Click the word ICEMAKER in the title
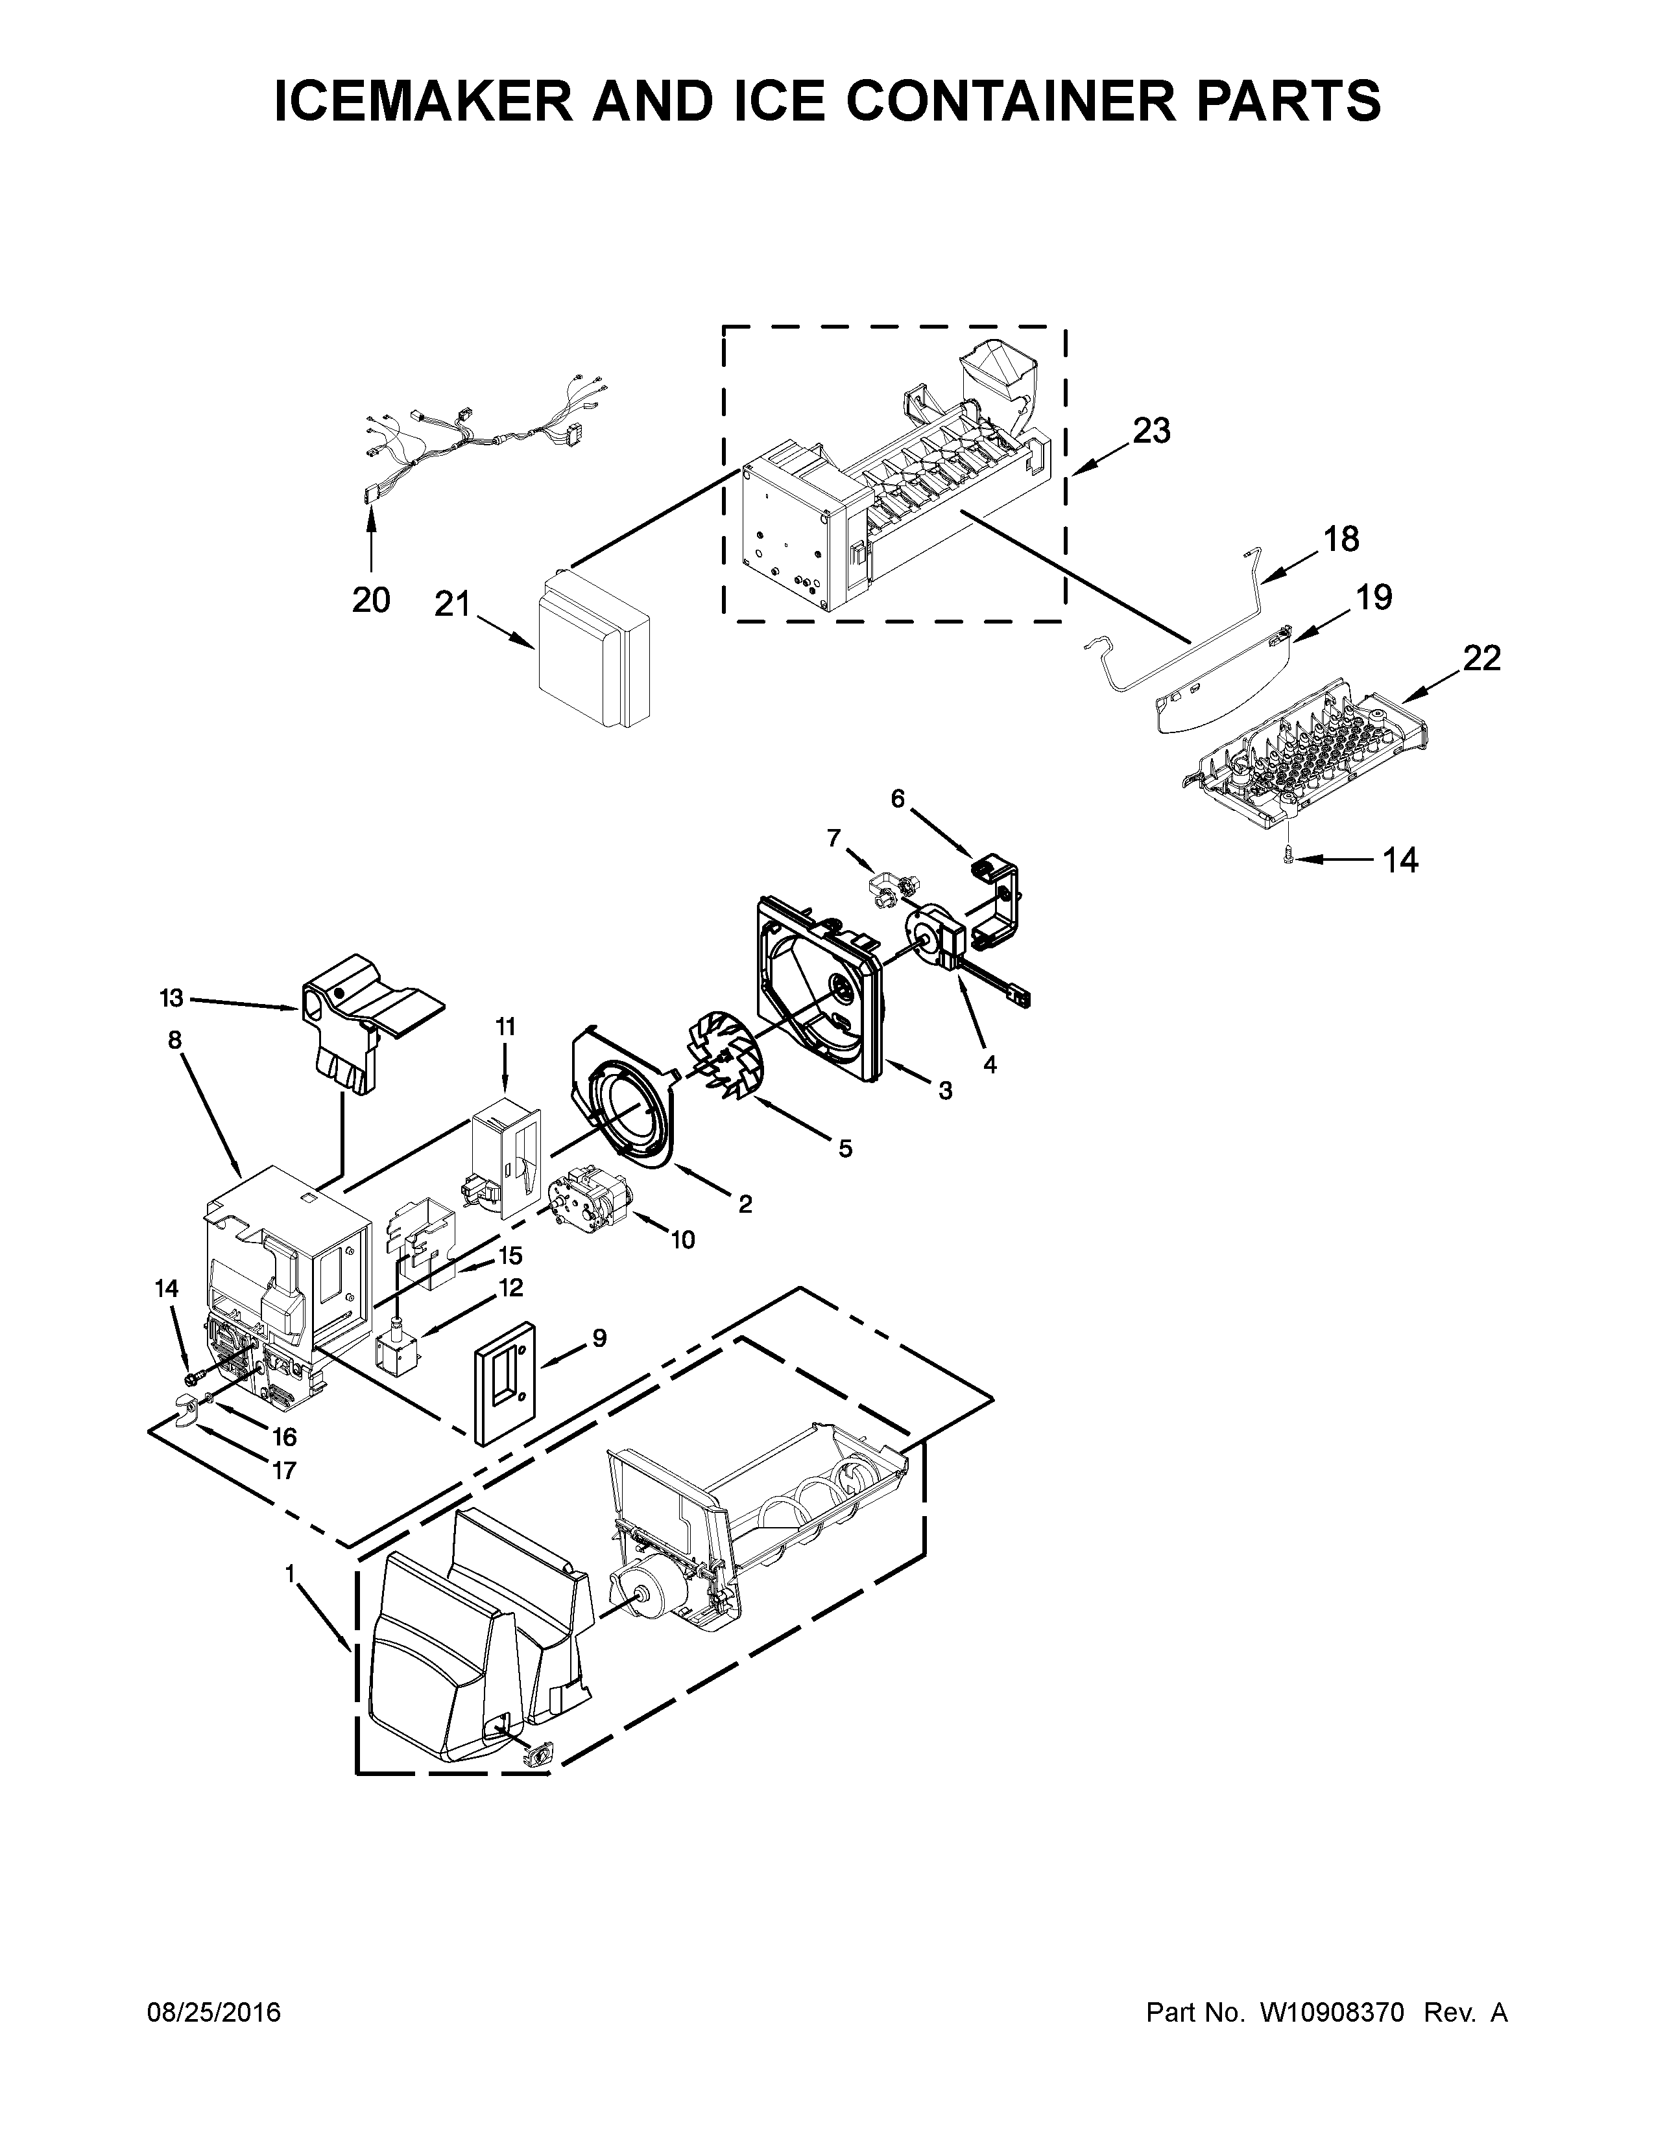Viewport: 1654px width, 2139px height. pyautogui.click(x=424, y=101)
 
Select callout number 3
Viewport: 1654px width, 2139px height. pyautogui.click(x=944, y=1090)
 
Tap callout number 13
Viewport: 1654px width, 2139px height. pyautogui.click(x=171, y=998)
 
